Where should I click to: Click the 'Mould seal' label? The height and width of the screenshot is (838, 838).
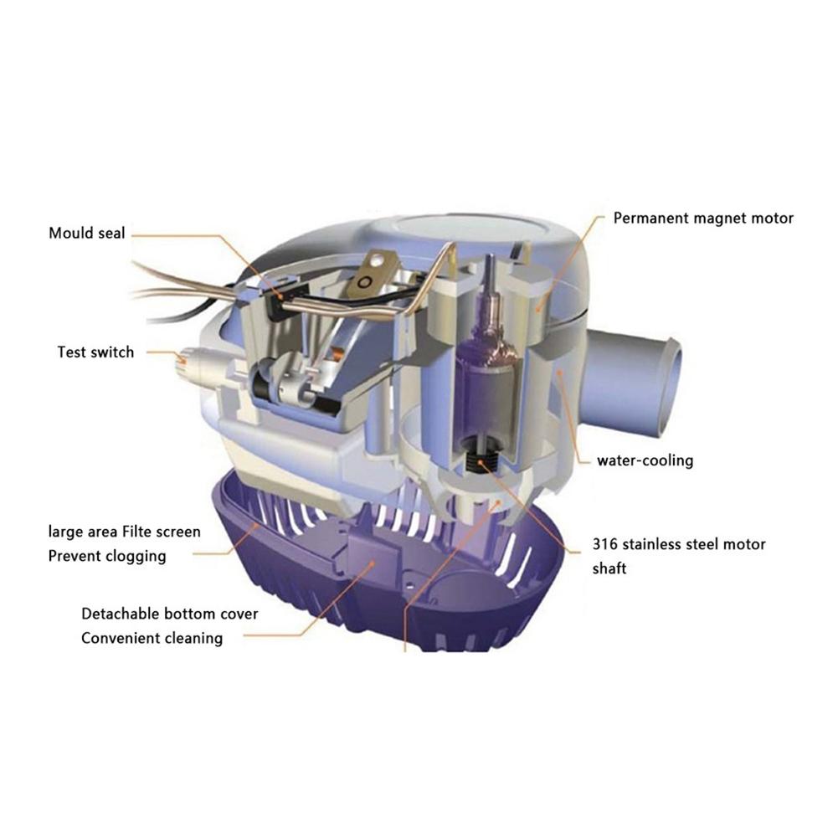[86, 233]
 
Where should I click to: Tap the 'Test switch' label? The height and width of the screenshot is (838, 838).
[95, 352]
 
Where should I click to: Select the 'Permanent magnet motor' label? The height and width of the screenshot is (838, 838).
[703, 218]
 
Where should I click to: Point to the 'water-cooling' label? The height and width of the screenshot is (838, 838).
[645, 460]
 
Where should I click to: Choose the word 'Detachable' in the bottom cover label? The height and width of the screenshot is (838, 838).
[118, 614]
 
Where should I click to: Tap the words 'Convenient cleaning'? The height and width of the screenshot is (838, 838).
[152, 638]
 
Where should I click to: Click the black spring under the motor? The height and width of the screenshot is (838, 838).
[481, 460]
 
